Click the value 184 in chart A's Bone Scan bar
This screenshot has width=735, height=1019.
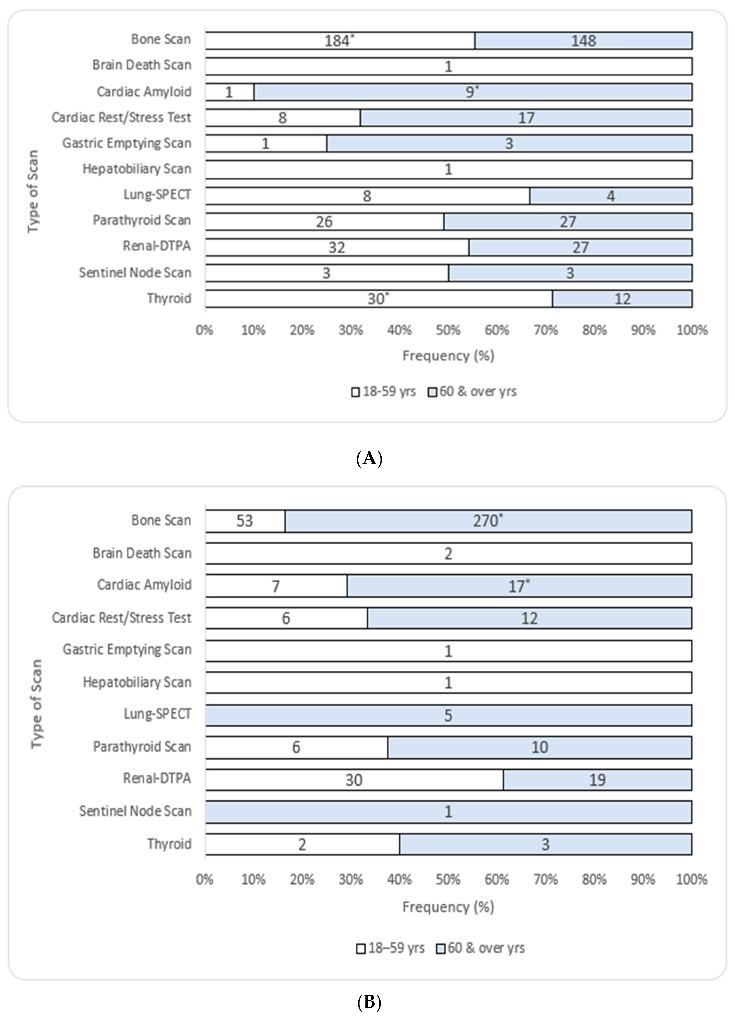[x=337, y=41]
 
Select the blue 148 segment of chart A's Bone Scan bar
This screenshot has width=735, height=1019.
[x=584, y=41]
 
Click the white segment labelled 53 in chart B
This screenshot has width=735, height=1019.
[x=245, y=521]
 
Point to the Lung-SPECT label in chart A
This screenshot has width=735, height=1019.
[x=157, y=194]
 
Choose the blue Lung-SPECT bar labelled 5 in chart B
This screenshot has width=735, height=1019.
[x=448, y=715]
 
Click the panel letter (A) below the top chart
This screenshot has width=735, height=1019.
[x=369, y=459]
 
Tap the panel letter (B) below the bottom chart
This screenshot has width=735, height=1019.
[x=369, y=1001]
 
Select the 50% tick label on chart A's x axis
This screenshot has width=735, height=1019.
[x=448, y=331]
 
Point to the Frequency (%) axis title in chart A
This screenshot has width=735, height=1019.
[x=448, y=356]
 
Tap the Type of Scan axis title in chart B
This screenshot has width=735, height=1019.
[x=36, y=703]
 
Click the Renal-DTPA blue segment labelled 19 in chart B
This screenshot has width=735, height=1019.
[x=597, y=780]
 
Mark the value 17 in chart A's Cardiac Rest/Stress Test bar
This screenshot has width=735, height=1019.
[x=526, y=118]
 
